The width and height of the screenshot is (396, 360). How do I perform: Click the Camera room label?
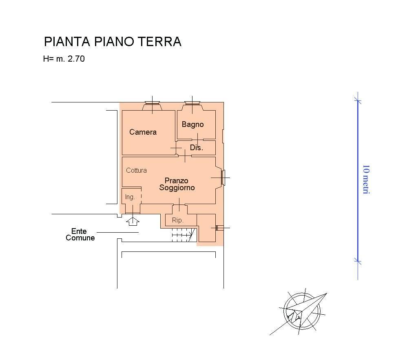click(143, 132)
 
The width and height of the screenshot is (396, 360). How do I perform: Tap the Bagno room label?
click(192, 124)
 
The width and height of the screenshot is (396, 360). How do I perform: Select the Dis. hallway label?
click(197, 148)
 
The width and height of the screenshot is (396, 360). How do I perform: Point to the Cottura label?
click(136, 170)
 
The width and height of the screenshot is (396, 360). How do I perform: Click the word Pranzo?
click(177, 180)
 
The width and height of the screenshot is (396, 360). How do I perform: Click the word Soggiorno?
click(177, 188)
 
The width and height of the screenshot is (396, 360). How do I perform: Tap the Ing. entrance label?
click(130, 197)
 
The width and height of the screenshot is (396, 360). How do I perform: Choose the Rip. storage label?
click(177, 220)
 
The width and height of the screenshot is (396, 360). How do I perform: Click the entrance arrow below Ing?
click(133, 222)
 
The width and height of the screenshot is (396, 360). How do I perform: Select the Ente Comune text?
click(80, 234)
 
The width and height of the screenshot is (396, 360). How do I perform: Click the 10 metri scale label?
click(366, 180)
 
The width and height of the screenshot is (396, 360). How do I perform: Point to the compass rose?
click(302, 311)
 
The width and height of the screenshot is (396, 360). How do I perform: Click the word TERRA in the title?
click(160, 42)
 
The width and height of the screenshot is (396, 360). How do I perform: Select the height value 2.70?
click(76, 59)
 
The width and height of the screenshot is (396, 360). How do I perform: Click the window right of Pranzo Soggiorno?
click(223, 178)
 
